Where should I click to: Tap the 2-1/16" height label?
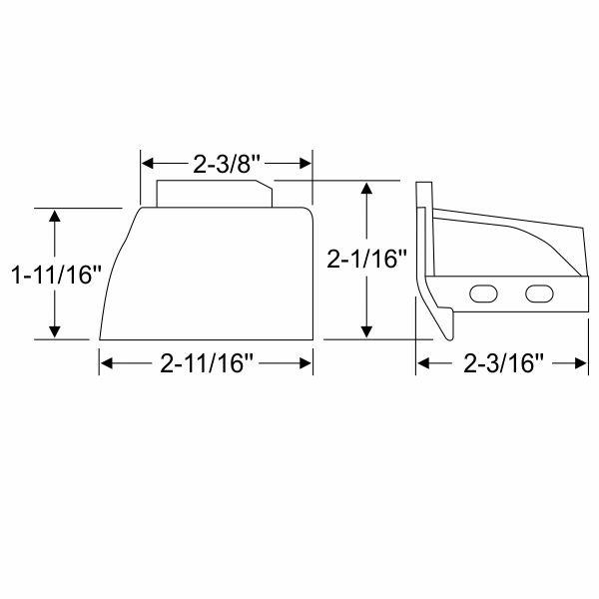tap(368, 261)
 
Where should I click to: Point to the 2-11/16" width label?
tap(207, 364)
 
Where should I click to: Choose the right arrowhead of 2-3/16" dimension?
tap(576, 364)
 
